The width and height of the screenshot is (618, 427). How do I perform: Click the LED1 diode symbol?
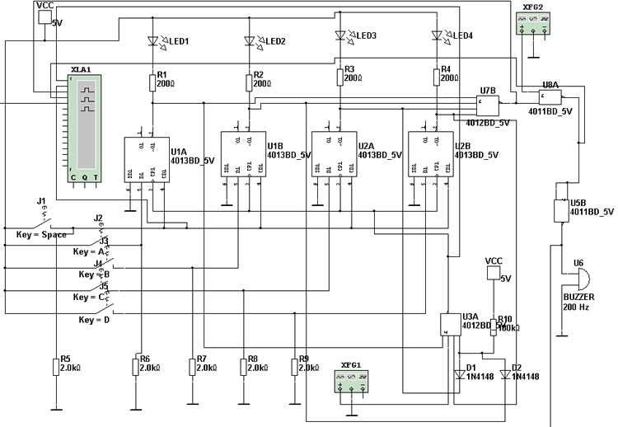click(152, 40)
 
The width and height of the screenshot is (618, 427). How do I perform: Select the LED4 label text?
click(460, 35)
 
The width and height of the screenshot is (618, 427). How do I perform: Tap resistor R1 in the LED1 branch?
click(152, 82)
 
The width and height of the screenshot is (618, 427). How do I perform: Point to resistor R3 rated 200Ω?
click(340, 77)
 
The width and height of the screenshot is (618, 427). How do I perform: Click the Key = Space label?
click(40, 235)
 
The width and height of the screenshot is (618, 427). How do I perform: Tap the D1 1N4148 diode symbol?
click(457, 373)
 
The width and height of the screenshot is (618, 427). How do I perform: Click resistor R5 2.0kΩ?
click(56, 366)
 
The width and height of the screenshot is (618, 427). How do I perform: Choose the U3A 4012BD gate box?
click(449, 323)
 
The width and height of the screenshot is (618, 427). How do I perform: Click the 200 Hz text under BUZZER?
click(578, 307)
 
